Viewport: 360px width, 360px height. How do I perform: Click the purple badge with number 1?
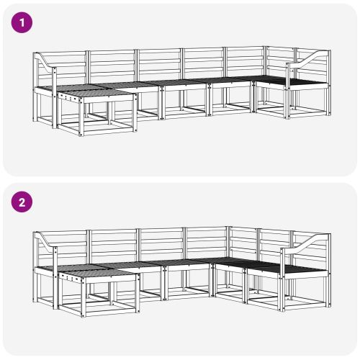coord(22,22)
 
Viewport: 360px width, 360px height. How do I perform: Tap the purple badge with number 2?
coord(22,202)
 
